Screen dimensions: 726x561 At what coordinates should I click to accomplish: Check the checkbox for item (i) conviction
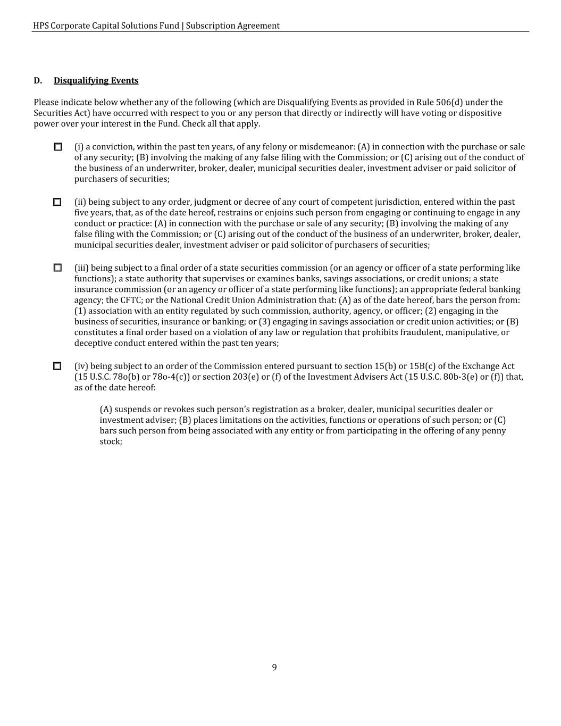(58, 147)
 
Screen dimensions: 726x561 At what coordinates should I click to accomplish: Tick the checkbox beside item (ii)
(57, 202)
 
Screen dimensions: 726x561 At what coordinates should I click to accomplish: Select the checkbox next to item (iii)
(57, 268)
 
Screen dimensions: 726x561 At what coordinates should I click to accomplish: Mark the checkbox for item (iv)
(57, 366)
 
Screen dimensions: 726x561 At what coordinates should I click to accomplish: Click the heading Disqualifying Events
(96, 81)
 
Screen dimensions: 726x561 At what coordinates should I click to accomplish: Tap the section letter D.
(38, 81)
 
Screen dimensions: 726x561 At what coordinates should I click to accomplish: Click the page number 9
(274, 667)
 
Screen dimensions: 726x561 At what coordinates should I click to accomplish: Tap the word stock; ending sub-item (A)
(111, 441)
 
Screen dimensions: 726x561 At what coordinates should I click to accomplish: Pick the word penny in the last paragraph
(494, 431)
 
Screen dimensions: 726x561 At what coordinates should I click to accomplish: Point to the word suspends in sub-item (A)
(133, 410)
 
